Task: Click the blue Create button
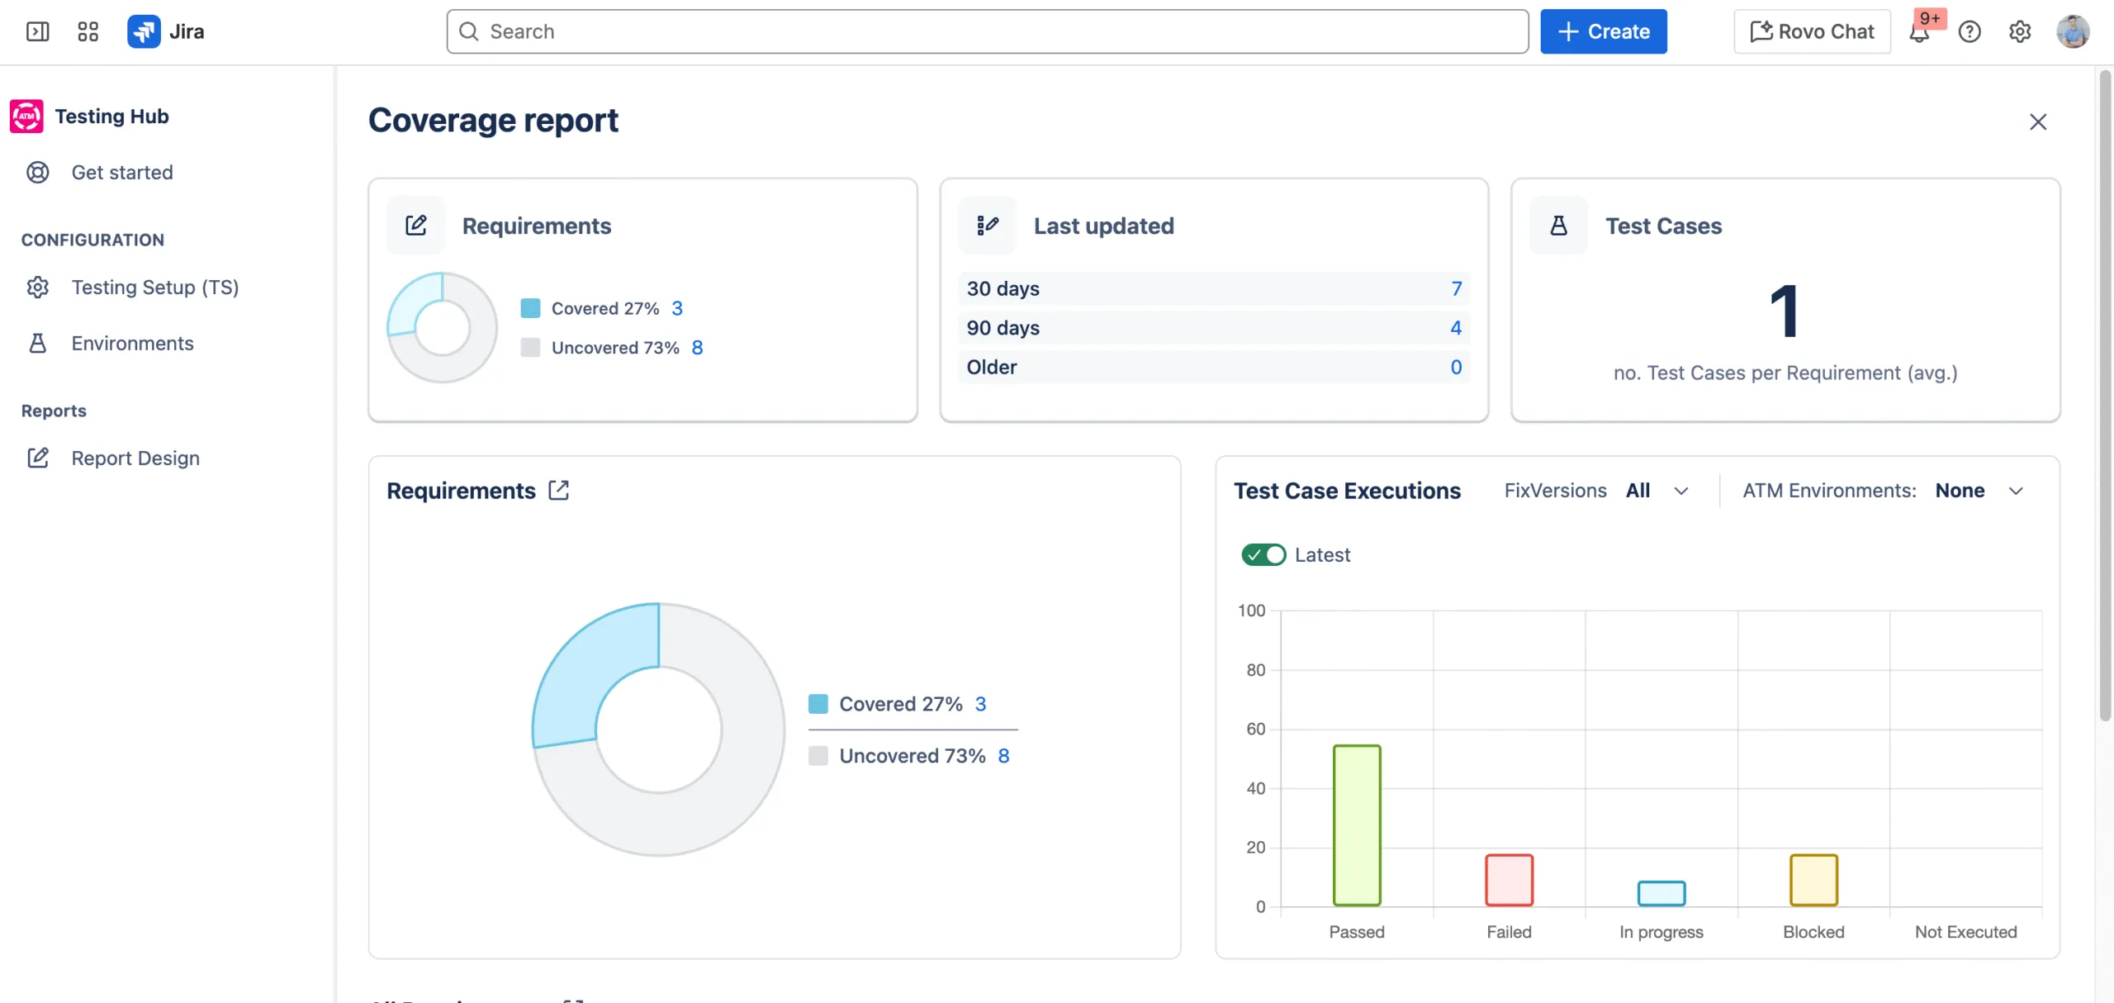click(1603, 31)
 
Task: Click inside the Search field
click(987, 31)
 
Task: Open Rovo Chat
click(1812, 31)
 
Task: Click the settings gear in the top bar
click(2020, 31)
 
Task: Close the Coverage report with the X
click(2038, 122)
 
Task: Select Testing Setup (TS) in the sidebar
click(154, 288)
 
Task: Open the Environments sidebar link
click(132, 344)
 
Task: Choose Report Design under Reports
click(135, 459)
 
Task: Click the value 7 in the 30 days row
click(1456, 289)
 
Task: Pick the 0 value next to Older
click(1456, 368)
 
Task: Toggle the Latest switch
click(1263, 555)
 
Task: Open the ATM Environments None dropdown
click(1979, 492)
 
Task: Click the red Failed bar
click(1509, 880)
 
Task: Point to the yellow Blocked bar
click(1813, 880)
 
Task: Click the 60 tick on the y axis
click(1255, 730)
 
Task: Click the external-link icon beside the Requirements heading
click(559, 491)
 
